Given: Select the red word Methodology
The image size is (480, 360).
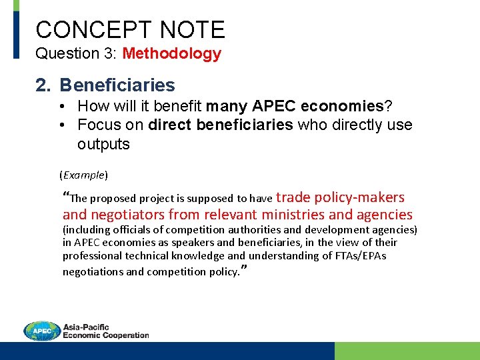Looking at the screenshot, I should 172,54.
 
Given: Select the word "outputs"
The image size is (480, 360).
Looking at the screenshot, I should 103,144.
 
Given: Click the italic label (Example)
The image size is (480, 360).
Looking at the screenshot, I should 83,175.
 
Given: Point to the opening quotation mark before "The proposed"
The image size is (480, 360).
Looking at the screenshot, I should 65,196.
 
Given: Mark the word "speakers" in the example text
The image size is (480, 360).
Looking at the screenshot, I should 190,243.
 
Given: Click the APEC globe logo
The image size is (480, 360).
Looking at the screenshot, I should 42,331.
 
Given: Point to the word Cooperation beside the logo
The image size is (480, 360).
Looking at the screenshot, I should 125,335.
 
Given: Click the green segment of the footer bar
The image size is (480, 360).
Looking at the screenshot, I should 407,351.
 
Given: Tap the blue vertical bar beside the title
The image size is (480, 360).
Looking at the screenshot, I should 17,30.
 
